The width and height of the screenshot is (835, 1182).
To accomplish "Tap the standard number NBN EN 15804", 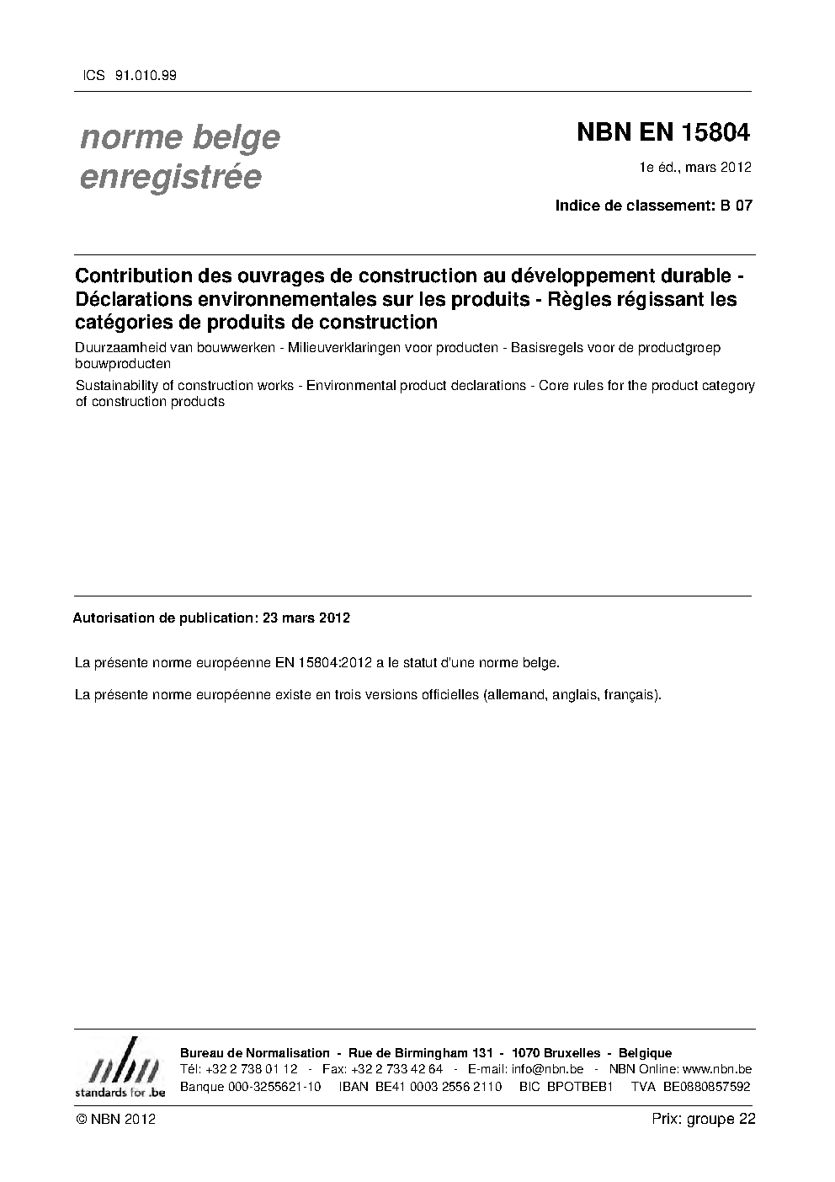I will tap(663, 133).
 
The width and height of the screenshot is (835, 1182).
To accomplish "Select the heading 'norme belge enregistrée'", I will tap(179, 157).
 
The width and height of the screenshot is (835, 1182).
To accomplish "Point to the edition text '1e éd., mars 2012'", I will tap(694, 168).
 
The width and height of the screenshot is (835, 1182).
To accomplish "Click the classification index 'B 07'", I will tap(736, 206).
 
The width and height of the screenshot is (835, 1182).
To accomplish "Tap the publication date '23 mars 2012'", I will tap(306, 618).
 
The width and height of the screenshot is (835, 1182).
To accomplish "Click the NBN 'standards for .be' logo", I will tap(120, 1067).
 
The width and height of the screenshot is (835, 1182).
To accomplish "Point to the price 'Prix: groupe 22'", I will tap(703, 1120).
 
